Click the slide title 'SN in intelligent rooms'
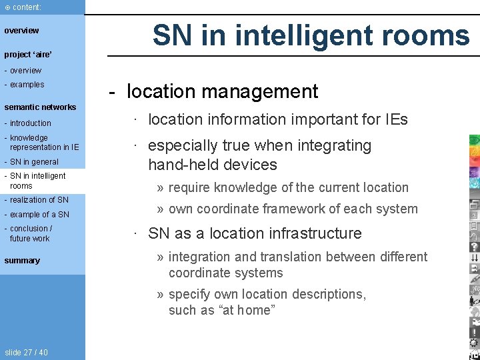[x=311, y=35]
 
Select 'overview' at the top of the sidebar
[x=22, y=31]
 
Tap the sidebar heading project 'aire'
[x=28, y=54]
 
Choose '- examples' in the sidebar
[x=25, y=85]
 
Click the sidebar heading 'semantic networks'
[x=40, y=107]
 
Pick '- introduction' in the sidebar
[x=28, y=123]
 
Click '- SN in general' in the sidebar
[x=32, y=162]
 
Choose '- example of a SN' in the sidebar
[x=37, y=215]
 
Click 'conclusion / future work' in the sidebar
[x=29, y=233]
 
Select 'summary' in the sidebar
[x=22, y=261]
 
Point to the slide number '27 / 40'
[x=26, y=353]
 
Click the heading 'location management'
[x=222, y=91]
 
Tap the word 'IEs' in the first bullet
[x=393, y=120]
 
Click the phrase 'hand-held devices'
[x=212, y=164]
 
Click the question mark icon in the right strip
[x=474, y=246]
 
